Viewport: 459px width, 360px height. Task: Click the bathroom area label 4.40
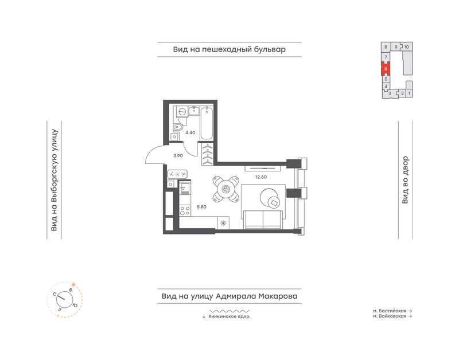(190, 132)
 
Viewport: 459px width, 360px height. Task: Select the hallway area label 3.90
(178, 156)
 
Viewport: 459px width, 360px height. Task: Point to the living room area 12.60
(261, 177)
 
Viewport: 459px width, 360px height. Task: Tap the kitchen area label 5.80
(202, 207)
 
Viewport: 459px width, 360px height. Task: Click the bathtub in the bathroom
(207, 123)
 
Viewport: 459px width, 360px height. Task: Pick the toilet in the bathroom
(178, 127)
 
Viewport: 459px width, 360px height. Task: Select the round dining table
(225, 189)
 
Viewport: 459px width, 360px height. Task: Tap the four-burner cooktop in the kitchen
(185, 210)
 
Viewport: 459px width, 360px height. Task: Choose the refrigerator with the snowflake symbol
(223, 223)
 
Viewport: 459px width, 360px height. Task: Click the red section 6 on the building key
(386, 69)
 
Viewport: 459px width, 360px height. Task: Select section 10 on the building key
(407, 47)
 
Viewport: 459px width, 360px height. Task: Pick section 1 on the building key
(409, 93)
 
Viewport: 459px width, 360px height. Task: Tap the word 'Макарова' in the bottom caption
(278, 296)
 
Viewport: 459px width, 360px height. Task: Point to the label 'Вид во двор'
(405, 180)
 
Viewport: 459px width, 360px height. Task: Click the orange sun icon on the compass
(73, 284)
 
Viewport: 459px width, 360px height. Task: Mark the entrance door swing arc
(150, 151)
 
